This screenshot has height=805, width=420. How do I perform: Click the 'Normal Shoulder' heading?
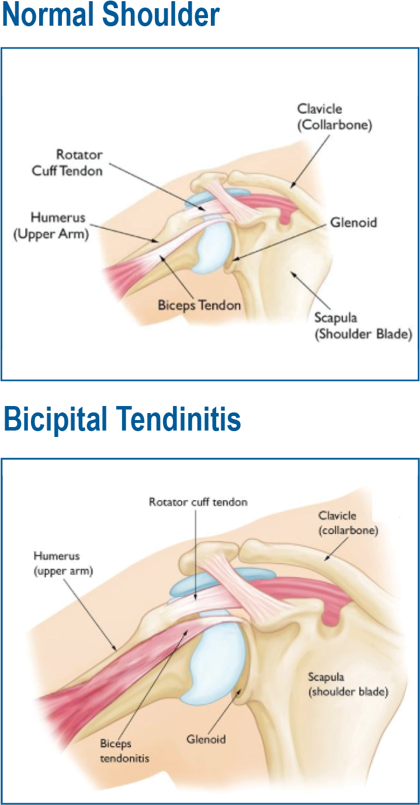[x=110, y=15]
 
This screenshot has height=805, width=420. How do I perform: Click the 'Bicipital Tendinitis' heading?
[x=122, y=419]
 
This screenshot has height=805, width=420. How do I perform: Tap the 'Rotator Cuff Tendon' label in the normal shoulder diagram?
[x=67, y=163]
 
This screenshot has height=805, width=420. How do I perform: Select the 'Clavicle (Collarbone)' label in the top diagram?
[x=335, y=117]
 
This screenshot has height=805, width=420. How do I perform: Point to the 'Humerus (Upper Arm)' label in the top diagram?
[x=51, y=225]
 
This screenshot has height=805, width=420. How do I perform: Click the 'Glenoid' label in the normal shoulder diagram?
[x=353, y=223]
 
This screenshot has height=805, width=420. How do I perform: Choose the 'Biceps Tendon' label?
[x=199, y=306]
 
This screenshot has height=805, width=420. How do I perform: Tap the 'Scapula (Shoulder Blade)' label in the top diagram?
[x=363, y=326]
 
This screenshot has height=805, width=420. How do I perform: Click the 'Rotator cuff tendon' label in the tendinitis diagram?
[x=199, y=502]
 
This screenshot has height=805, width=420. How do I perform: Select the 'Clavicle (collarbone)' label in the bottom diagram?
[x=348, y=523]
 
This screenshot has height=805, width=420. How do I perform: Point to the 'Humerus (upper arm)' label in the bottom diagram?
[x=63, y=564]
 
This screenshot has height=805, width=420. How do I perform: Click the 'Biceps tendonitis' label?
[x=124, y=750]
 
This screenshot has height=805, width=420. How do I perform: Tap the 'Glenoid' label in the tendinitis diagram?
[x=206, y=739]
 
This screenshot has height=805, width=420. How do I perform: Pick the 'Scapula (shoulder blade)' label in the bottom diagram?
[x=348, y=685]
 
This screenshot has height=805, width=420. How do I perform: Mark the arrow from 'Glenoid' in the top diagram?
[x=279, y=243]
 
